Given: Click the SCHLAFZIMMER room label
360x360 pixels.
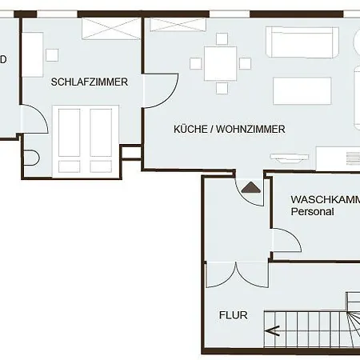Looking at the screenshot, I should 90,82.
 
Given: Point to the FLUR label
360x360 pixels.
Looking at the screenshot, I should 233,315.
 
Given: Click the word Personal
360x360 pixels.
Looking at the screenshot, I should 312,213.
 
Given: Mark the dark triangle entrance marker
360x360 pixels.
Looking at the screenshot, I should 251,188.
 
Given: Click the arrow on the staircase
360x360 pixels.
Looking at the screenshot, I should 274,329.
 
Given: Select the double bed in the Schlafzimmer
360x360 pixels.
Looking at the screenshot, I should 85,140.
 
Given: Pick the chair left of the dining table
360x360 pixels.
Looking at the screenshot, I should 194,63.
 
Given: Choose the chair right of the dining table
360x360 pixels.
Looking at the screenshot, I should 246,63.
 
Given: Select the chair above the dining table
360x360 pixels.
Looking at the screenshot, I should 220,42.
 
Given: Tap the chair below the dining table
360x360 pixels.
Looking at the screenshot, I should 220,86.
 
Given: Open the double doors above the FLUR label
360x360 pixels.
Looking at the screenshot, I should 236,274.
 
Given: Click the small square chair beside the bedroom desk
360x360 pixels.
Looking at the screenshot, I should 52,54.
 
